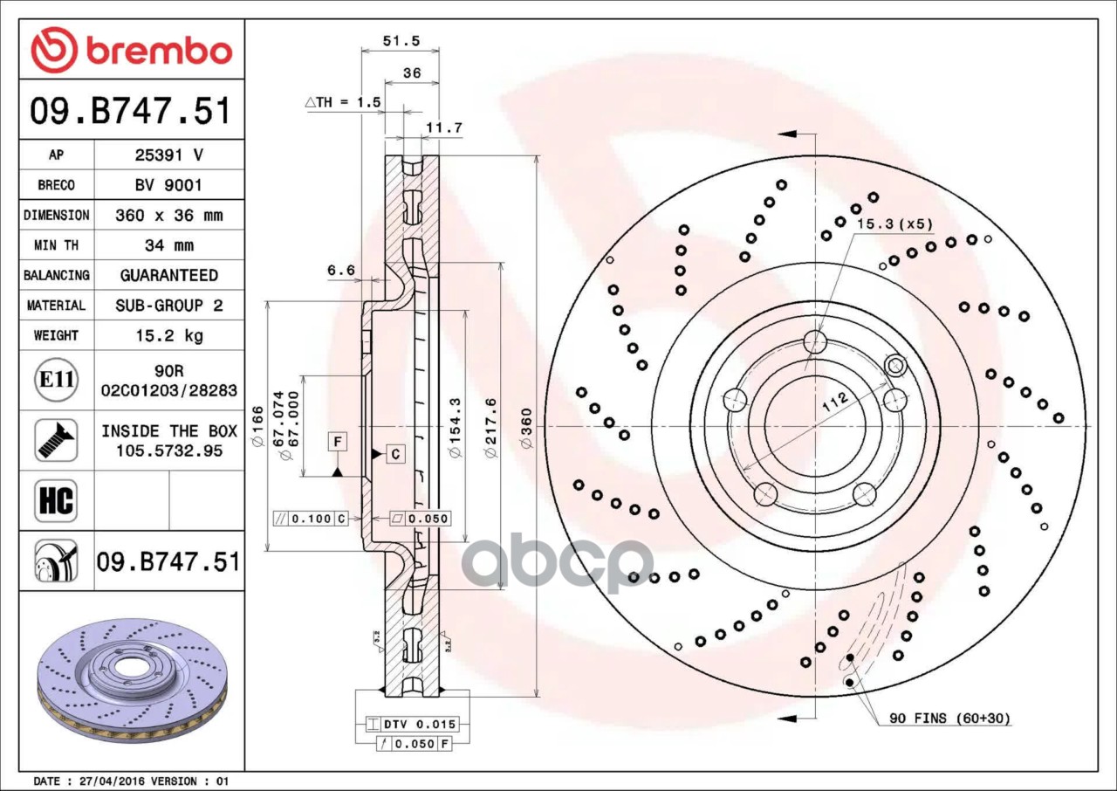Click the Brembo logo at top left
coord(132,50)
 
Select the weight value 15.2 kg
coord(169,335)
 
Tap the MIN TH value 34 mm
coord(169,245)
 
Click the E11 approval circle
coord(57,380)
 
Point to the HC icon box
coord(57,500)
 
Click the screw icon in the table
coord(57,440)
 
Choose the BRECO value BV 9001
coord(168,186)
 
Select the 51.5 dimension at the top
coord(401,41)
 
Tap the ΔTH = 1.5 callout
coord(343,102)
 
